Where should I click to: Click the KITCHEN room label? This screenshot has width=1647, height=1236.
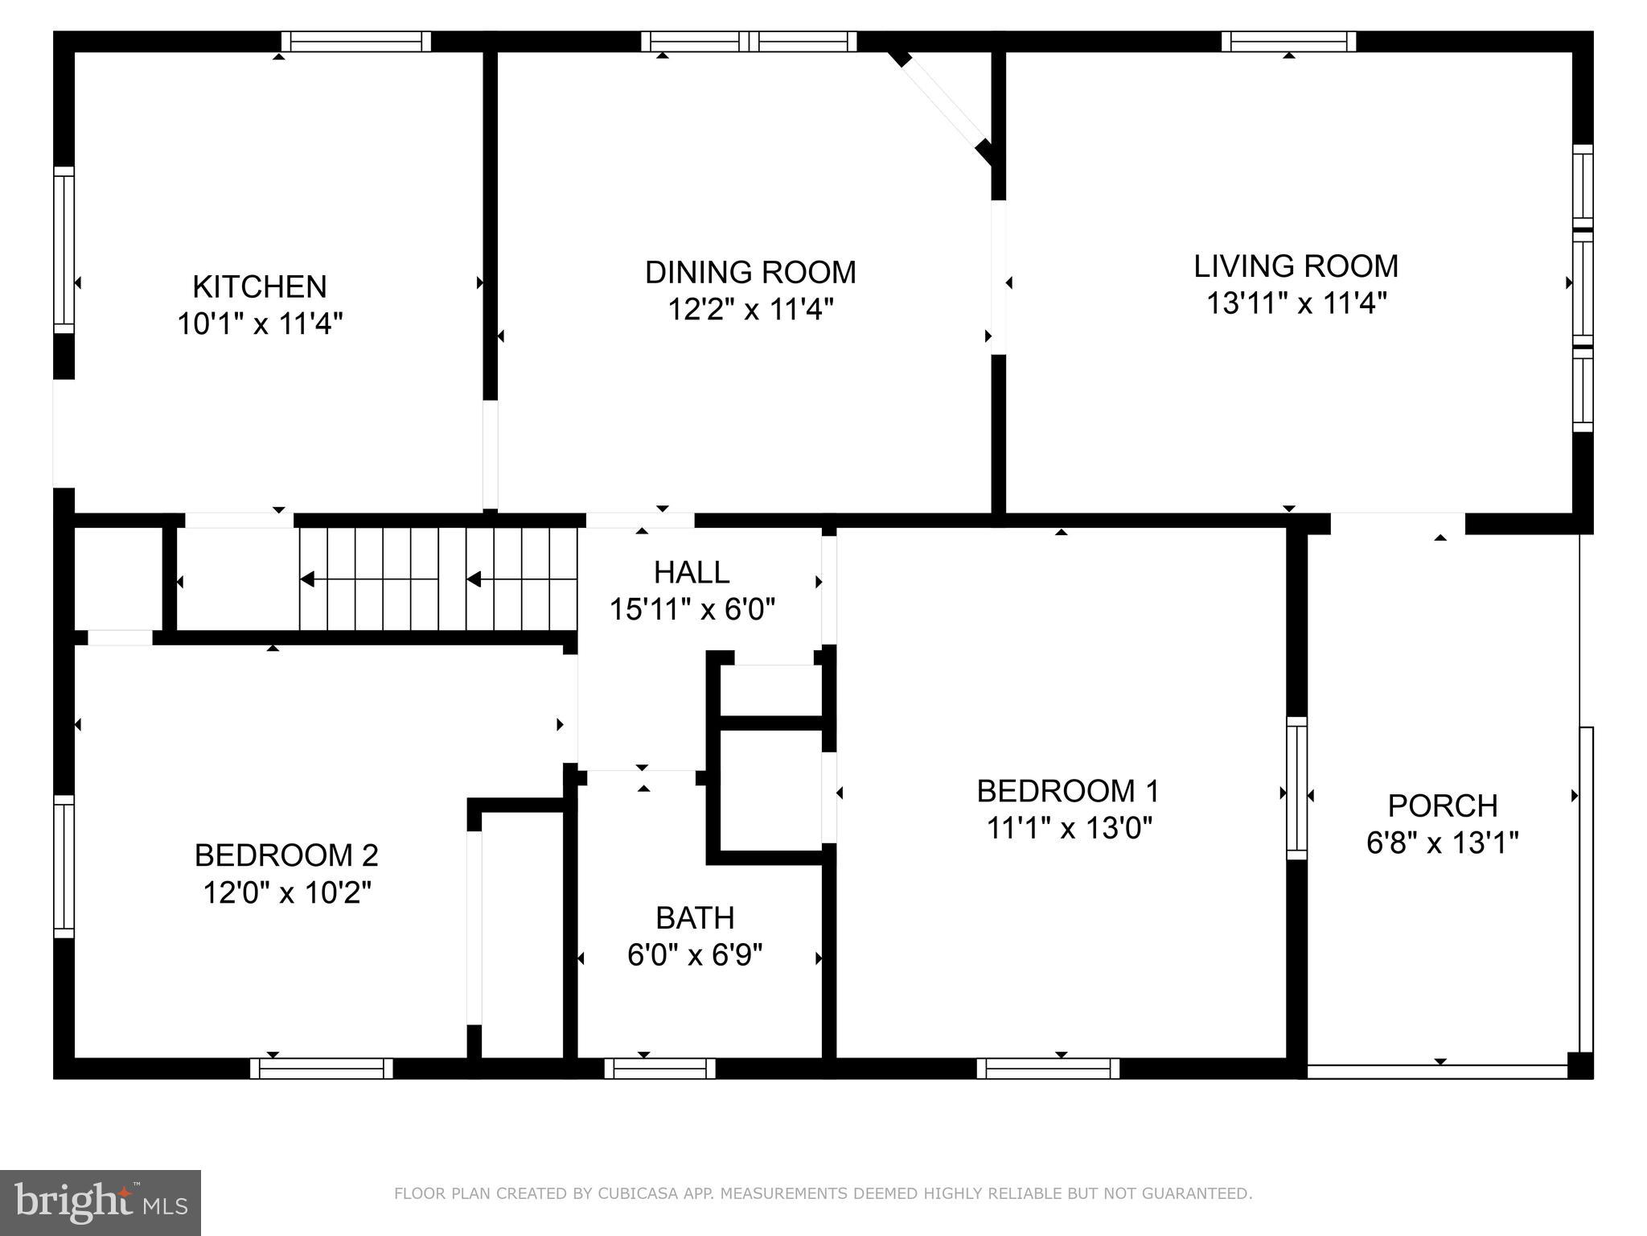click(x=260, y=287)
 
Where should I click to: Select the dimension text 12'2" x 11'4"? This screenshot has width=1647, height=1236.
click(x=750, y=309)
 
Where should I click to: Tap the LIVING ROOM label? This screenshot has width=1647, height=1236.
click(x=1296, y=266)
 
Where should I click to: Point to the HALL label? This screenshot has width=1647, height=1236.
click(x=692, y=573)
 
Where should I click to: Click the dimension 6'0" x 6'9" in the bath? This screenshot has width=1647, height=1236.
click(x=695, y=955)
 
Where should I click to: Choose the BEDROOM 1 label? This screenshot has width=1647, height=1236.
click(x=1068, y=791)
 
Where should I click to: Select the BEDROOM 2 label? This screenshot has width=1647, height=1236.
click(x=286, y=855)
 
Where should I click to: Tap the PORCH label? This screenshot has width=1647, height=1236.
click(x=1443, y=805)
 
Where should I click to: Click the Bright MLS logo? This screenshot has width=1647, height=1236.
click(x=100, y=1203)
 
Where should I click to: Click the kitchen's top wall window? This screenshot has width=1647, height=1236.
click(x=356, y=42)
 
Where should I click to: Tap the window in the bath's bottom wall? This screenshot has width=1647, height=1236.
click(x=659, y=1069)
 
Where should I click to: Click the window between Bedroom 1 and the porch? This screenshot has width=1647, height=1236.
click(x=1296, y=789)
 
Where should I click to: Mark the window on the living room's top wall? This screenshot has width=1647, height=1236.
click(x=1288, y=42)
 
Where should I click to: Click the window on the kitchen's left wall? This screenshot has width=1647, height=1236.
click(x=64, y=249)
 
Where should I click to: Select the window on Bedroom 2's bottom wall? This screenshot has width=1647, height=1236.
click(x=321, y=1069)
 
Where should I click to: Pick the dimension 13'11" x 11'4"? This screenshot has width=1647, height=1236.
click(x=1296, y=303)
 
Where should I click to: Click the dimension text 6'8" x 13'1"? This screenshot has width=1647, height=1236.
click(x=1442, y=843)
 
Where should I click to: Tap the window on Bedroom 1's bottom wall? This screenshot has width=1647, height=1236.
click(x=1048, y=1069)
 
